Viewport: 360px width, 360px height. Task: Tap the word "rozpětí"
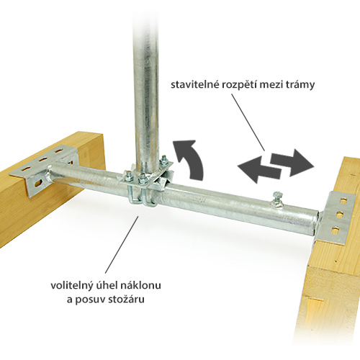[239, 86]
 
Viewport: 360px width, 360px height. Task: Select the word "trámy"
[300, 86]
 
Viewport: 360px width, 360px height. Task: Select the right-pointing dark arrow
[292, 163]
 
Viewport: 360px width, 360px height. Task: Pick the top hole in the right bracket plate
[344, 199]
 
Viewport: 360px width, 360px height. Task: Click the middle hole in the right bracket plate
[339, 215]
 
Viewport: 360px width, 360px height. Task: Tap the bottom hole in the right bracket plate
[334, 230]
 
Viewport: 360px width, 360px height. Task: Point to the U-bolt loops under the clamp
[143, 199]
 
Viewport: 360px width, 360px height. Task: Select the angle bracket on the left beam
[45, 171]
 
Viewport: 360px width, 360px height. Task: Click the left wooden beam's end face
[92, 163]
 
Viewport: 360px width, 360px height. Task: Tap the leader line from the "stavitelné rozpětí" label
[248, 122]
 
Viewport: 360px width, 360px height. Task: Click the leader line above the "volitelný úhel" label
[122, 245]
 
